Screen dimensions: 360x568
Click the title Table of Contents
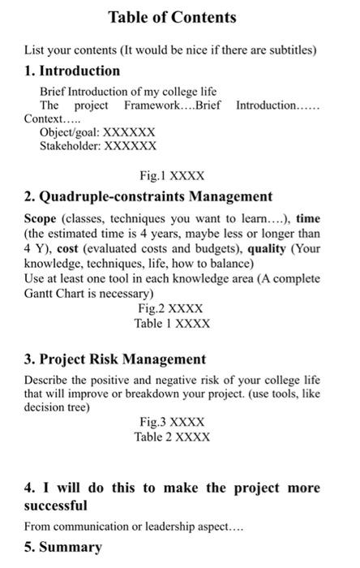pyautogui.click(x=172, y=17)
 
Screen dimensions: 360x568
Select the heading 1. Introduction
pyautogui.click(x=72, y=71)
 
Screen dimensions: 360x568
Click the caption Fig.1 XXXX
pyautogui.click(x=172, y=175)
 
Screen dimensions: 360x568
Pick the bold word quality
pyautogui.click(x=272, y=249)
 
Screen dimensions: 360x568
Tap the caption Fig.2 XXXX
pyautogui.click(x=172, y=308)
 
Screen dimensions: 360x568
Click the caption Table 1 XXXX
pyautogui.click(x=172, y=323)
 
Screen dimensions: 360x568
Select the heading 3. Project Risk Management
pyautogui.click(x=115, y=359)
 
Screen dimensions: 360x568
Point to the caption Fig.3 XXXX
pyautogui.click(x=172, y=422)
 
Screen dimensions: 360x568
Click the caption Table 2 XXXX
pyautogui.click(x=172, y=437)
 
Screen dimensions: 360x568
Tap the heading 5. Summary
pyautogui.click(x=63, y=547)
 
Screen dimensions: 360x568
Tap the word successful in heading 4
pyautogui.click(x=56, y=505)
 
